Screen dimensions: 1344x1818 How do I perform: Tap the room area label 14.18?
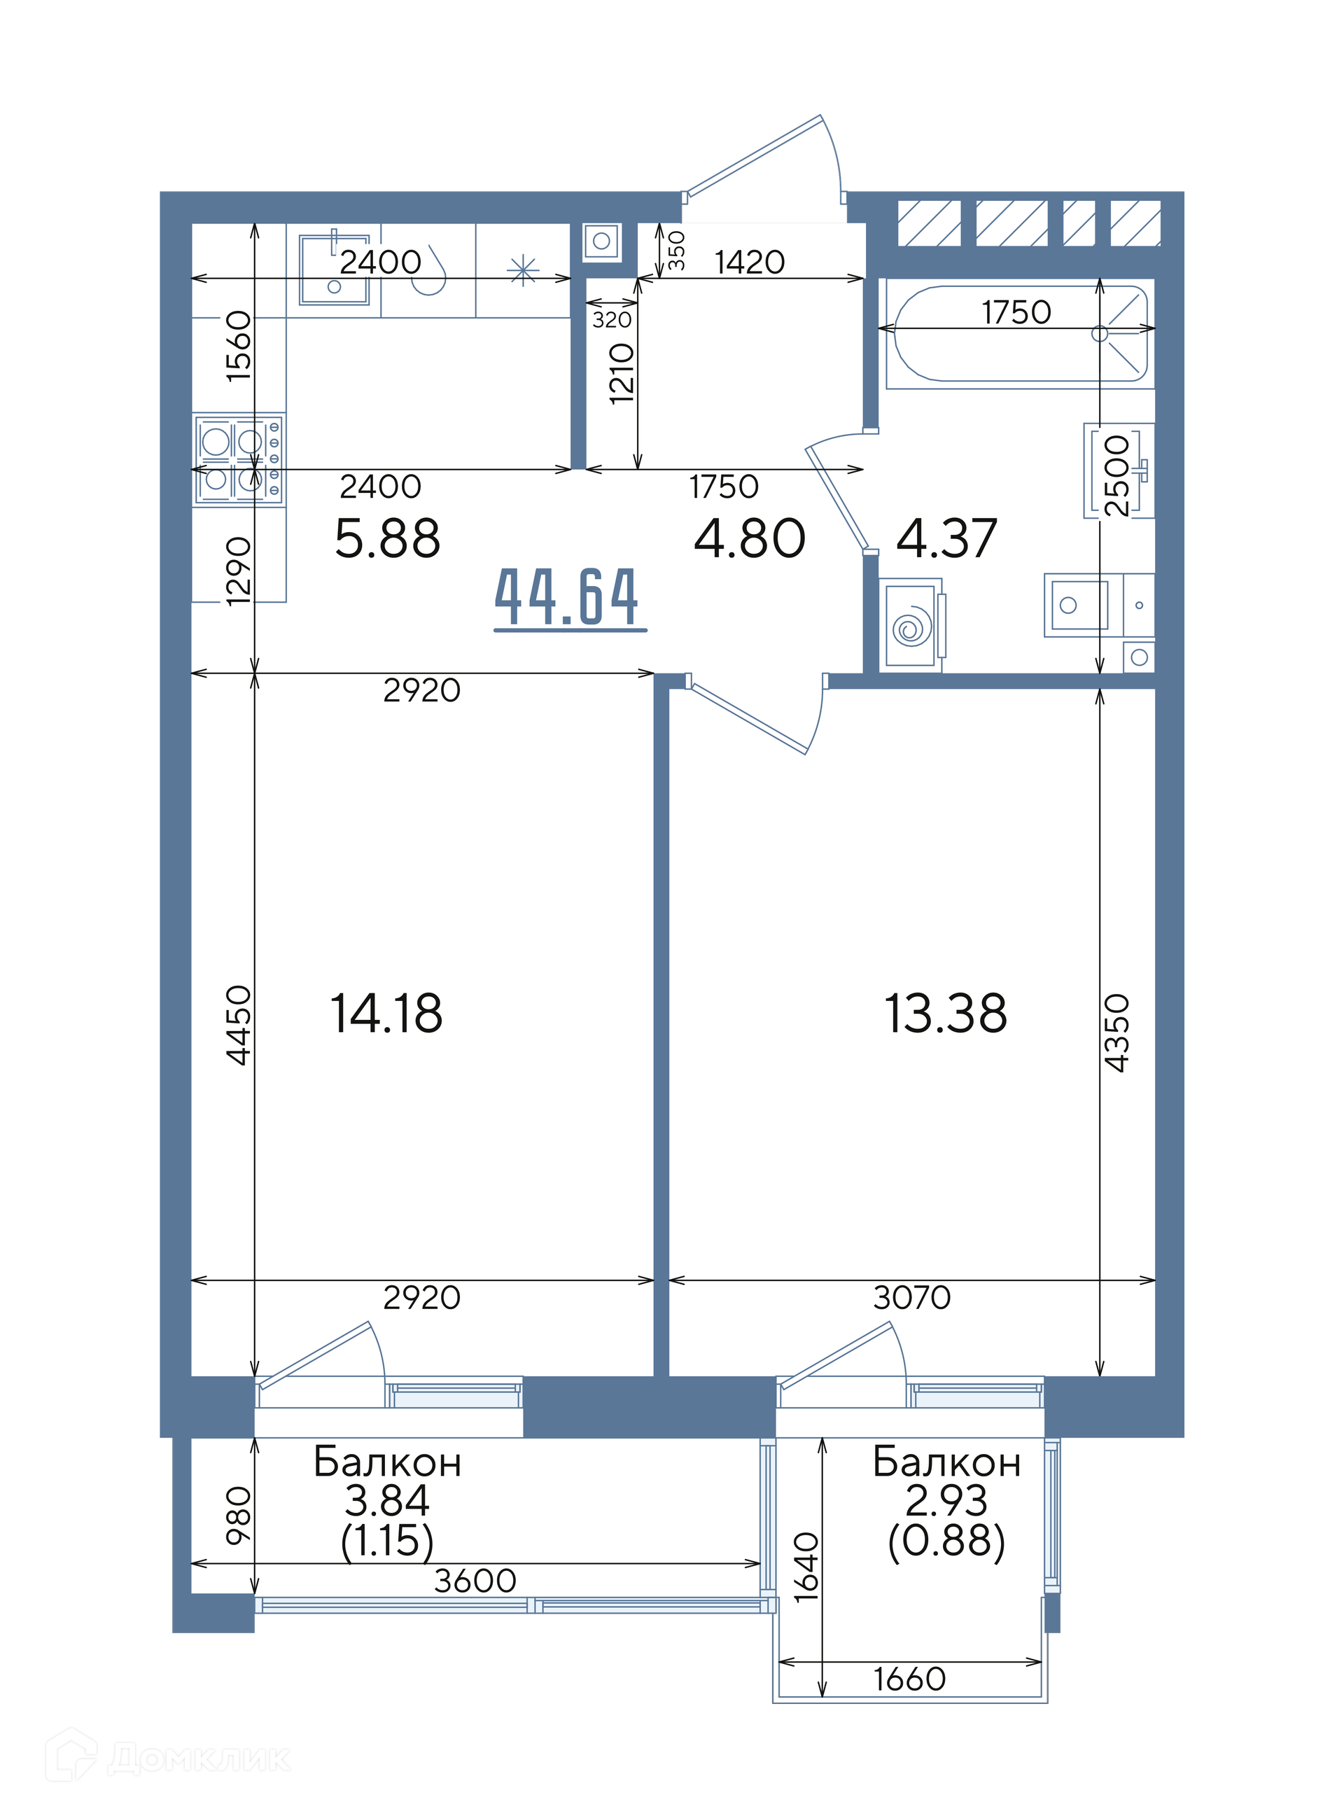click(x=386, y=1014)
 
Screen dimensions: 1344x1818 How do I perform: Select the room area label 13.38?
click(x=946, y=1014)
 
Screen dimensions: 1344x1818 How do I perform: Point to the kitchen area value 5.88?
click(x=387, y=538)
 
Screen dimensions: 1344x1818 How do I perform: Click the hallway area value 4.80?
click(x=749, y=538)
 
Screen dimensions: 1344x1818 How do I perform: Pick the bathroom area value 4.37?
click(x=946, y=538)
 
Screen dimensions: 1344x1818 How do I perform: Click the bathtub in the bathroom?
click(x=1020, y=333)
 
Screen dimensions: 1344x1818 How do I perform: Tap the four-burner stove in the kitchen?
click(x=239, y=460)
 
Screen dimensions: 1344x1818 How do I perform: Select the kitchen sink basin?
click(x=335, y=270)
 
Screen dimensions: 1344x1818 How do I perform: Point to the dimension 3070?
click(x=911, y=1297)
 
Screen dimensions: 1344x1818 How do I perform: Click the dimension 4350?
click(x=1117, y=1033)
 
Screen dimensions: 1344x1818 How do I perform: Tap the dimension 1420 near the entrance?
click(x=749, y=262)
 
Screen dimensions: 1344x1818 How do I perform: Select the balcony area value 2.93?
click(x=946, y=1501)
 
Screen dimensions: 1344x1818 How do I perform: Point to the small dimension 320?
click(x=612, y=320)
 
